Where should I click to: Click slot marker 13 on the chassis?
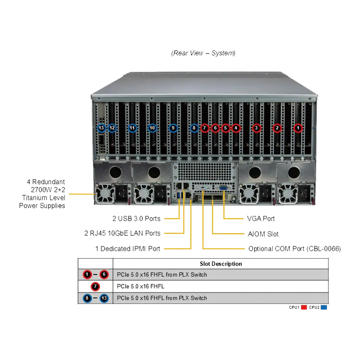tap(101, 128)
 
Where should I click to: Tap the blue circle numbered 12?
tap(112, 128)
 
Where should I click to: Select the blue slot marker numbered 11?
tap(132, 128)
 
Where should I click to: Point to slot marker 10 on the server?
tap(152, 128)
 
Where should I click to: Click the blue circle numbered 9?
tap(173, 128)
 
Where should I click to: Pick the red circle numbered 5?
tap(226, 128)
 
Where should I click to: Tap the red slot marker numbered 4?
tap(236, 128)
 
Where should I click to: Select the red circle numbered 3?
tap(256, 128)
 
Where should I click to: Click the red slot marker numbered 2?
tap(277, 128)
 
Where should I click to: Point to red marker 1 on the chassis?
tap(298, 128)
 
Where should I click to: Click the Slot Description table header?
tap(220, 264)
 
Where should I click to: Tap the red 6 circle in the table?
tap(104, 274)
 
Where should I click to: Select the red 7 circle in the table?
tap(95, 286)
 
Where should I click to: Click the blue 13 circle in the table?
tap(104, 298)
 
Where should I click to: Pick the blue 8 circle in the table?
tap(87, 298)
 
